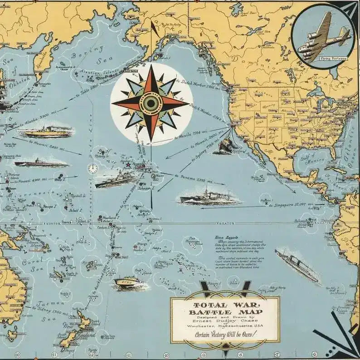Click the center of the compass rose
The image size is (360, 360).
pyautogui.click(x=151, y=103)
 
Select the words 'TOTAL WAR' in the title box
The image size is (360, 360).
pyautogui.click(x=224, y=305)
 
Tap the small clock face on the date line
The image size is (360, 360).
pyautogui.click(x=92, y=169)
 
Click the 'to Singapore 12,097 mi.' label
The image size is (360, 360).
pyautogui.click(x=293, y=205)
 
